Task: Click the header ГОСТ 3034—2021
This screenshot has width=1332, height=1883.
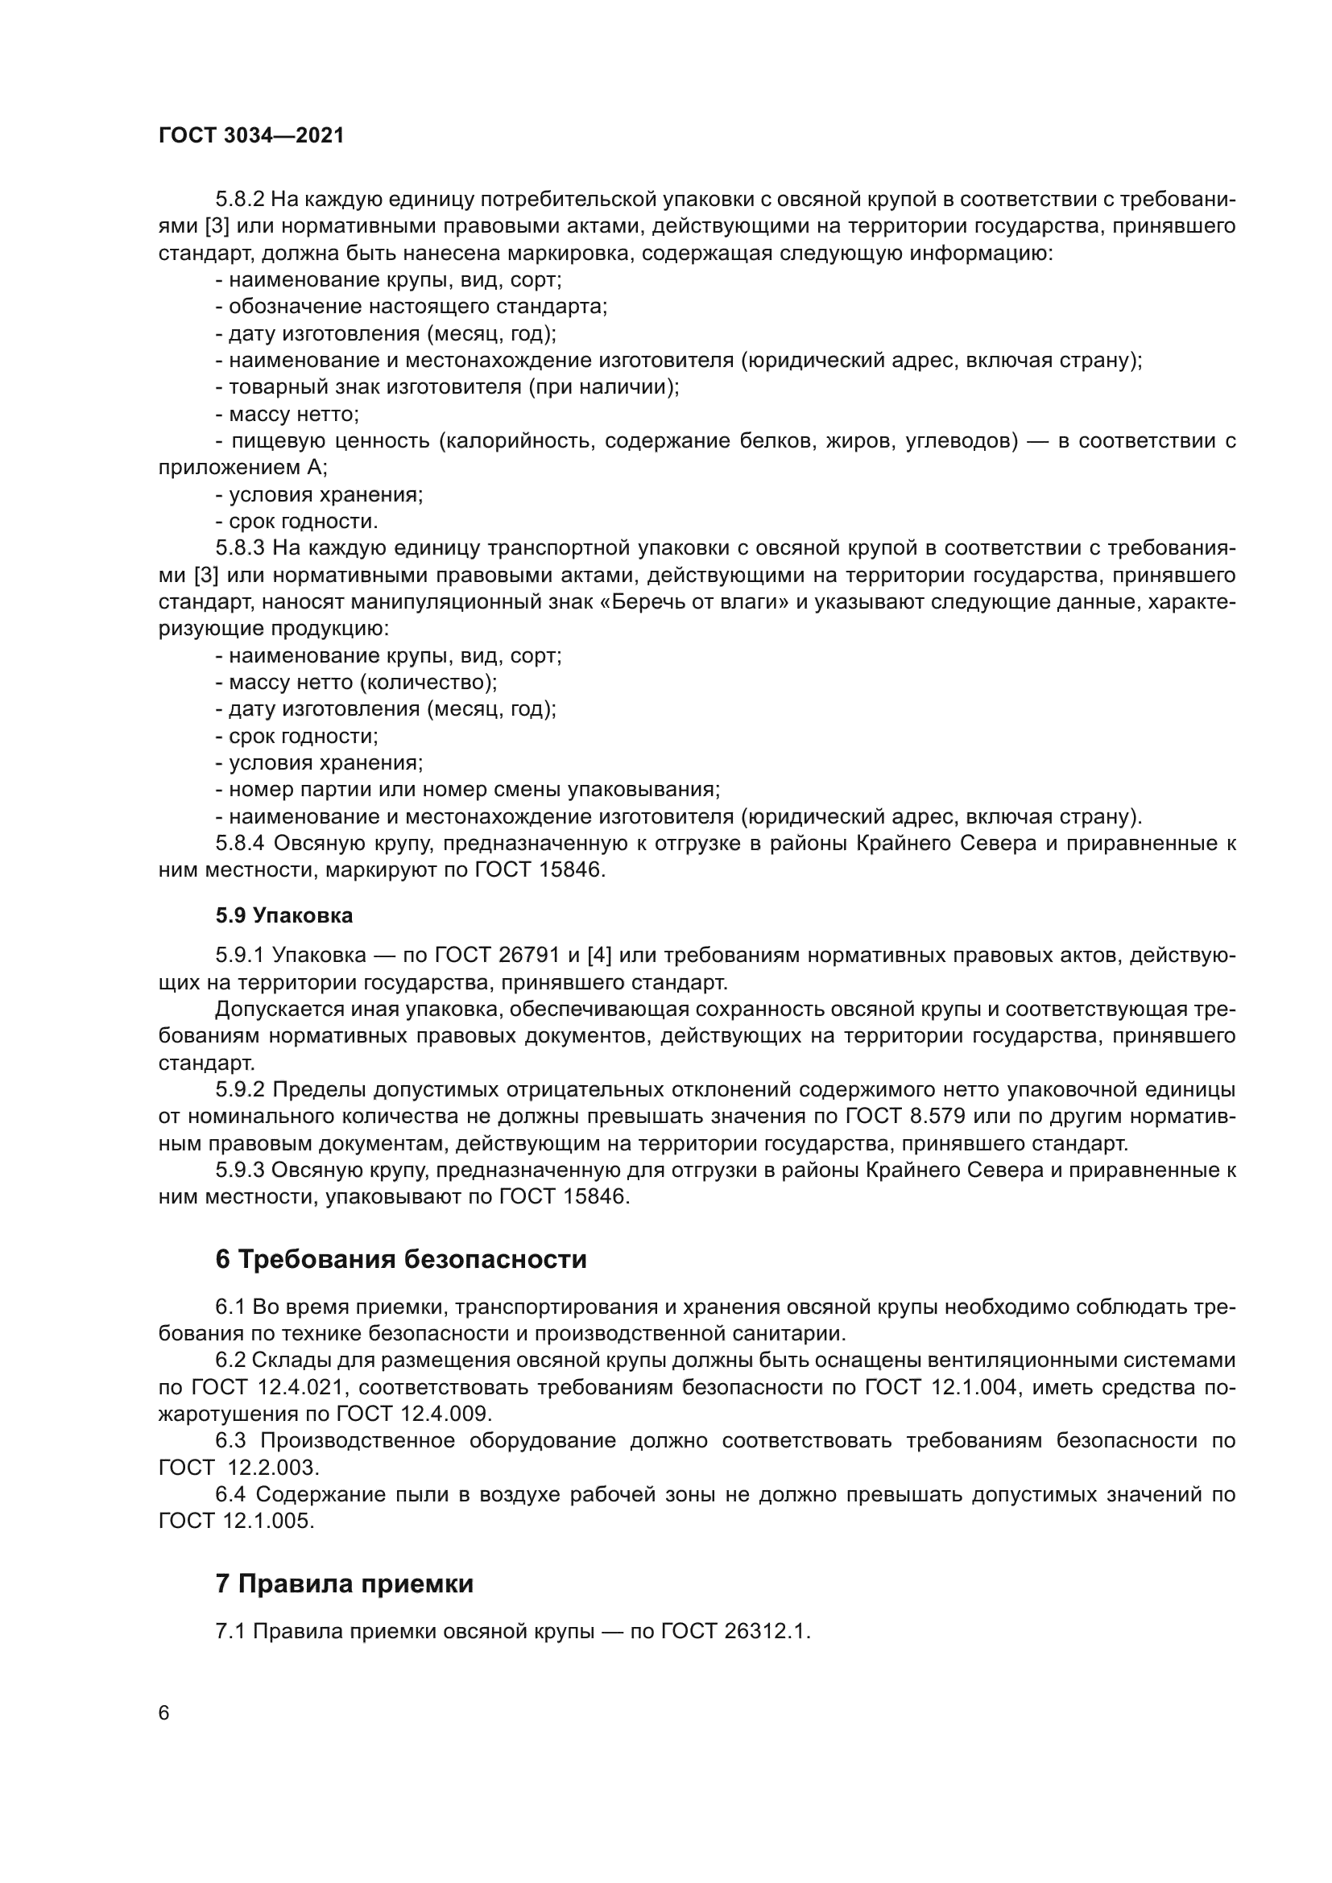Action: pyautogui.click(x=251, y=136)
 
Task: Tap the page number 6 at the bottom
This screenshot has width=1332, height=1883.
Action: pyautogui.click(x=164, y=1713)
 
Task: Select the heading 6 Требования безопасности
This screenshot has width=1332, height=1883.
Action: pyautogui.click(x=401, y=1259)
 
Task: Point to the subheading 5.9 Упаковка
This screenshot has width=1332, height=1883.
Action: pyautogui.click(x=283, y=915)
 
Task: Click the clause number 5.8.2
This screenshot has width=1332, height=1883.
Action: pyautogui.click(x=240, y=200)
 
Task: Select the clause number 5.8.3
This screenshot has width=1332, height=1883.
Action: pyautogui.click(x=240, y=548)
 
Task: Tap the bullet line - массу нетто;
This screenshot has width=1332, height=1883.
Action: pyautogui.click(x=287, y=414)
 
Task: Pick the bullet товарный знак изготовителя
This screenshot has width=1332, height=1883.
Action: pyautogui.click(x=447, y=387)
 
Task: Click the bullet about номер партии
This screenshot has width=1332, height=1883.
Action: pyautogui.click(x=468, y=790)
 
